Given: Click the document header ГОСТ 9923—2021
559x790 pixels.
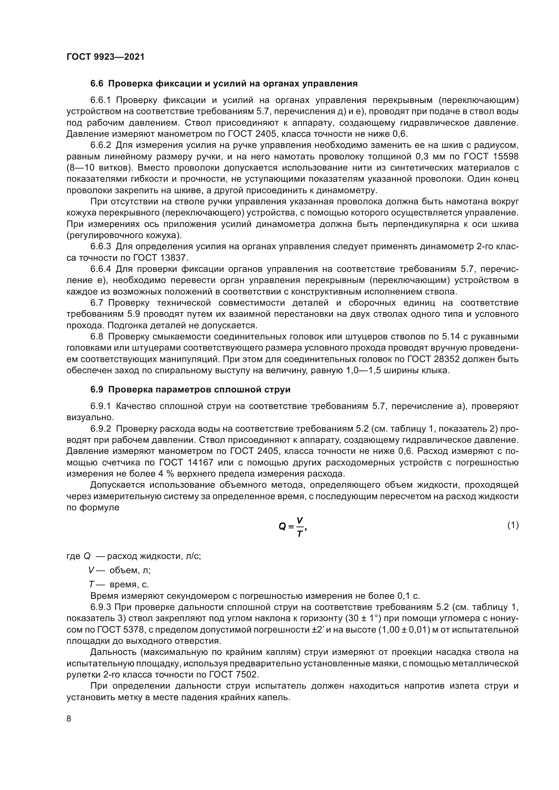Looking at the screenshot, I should coord(105,57).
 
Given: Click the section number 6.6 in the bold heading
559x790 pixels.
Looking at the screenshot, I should coord(97,84).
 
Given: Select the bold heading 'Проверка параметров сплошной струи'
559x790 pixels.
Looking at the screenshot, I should coord(199,389).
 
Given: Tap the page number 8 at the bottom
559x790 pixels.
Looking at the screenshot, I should coord(69,719).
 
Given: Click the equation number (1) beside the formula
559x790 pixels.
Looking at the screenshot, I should coord(513,525).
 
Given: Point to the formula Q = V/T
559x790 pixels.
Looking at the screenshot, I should coord(293,527).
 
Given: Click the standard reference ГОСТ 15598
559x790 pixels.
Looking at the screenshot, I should coord(491,157).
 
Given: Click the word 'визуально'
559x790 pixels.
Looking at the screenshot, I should coord(89,418).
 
